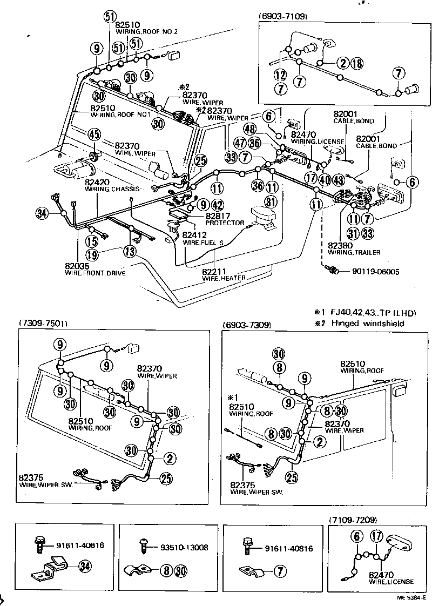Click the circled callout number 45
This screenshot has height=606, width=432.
[94, 134]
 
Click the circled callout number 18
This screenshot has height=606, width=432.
[357, 63]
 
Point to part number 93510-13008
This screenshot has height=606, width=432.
[184, 547]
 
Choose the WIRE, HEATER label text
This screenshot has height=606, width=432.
[224, 278]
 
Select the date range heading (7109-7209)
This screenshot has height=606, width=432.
[353, 520]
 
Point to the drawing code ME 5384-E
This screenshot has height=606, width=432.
[411, 598]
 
